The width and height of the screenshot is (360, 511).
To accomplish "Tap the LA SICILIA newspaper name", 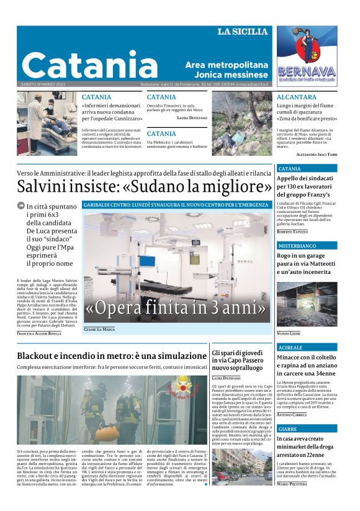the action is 242,32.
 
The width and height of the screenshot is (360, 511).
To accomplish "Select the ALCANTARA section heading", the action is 297,97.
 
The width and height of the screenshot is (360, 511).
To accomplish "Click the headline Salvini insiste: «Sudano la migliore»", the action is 144,186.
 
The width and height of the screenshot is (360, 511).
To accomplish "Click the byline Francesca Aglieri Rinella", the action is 39,333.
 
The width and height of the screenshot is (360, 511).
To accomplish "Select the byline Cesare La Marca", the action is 99,329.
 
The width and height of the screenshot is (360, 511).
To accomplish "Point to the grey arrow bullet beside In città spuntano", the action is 20,206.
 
